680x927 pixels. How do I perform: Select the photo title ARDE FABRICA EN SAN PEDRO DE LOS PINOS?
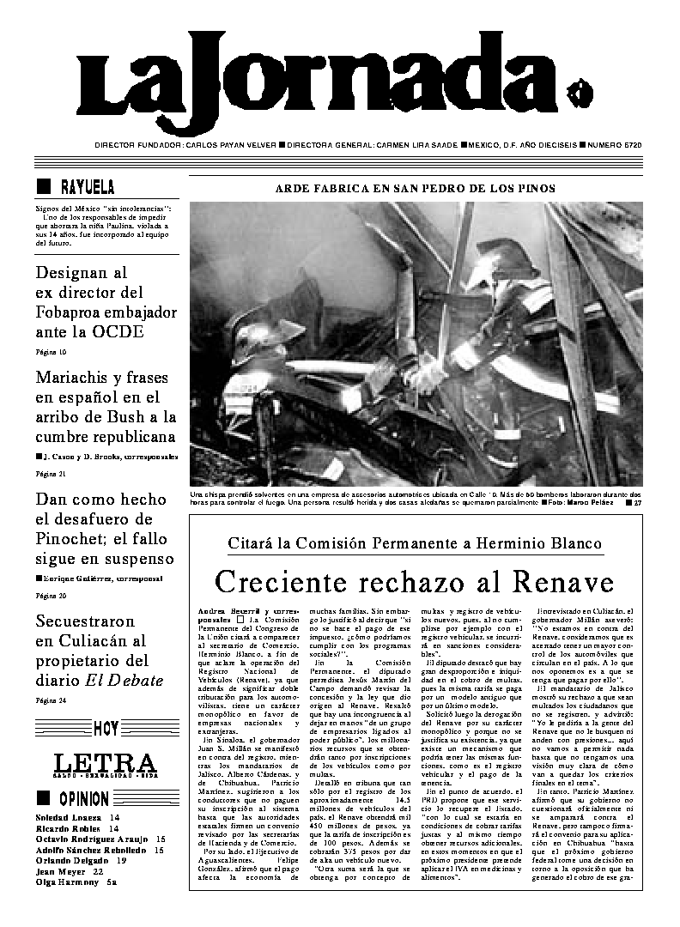pyautogui.click(x=415, y=188)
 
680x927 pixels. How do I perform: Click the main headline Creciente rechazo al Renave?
pyautogui.click(x=414, y=581)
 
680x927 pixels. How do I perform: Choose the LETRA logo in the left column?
pyautogui.click(x=105, y=762)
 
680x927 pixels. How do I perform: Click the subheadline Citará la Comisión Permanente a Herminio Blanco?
pyautogui.click(x=415, y=543)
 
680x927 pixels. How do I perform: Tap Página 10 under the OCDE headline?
pyautogui.click(x=51, y=353)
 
